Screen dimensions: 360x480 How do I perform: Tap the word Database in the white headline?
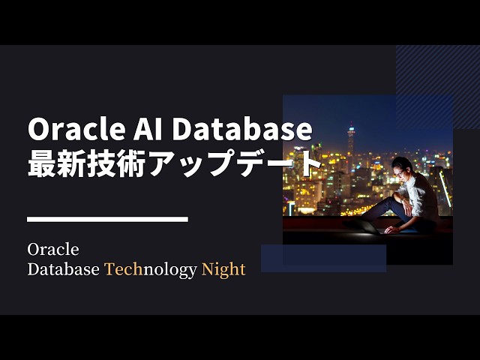pyautogui.click(x=241, y=130)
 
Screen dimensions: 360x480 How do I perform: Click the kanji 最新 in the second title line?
pyautogui.click(x=55, y=163)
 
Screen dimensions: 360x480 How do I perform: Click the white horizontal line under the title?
pyautogui.click(x=107, y=219)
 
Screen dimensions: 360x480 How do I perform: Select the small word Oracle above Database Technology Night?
pyautogui.click(x=52, y=248)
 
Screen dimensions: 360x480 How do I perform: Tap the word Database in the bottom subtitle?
pyautogui.click(x=63, y=269)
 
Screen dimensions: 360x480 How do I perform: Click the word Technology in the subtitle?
pyautogui.click(x=150, y=269)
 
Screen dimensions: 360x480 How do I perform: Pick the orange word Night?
pyautogui.click(x=223, y=269)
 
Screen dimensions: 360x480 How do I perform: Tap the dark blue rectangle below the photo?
pyautogui.click(x=323, y=258)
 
